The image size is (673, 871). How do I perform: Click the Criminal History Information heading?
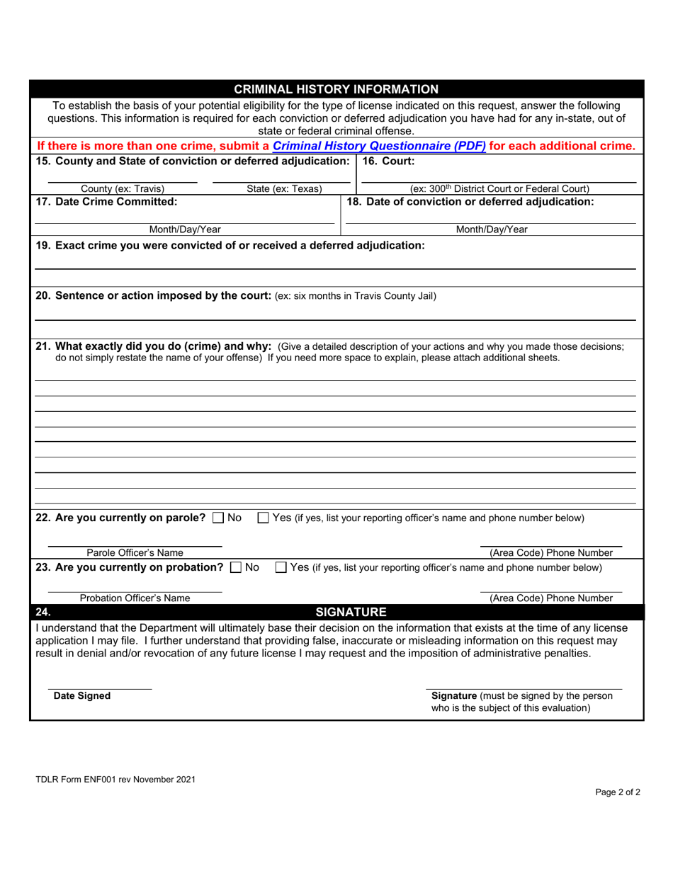tap(336, 89)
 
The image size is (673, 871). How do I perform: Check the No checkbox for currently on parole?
tap(218, 518)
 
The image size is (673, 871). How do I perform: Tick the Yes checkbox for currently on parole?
tap(263, 518)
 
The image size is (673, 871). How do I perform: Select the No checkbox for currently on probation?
tap(236, 568)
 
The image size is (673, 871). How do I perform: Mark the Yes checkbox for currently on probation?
tap(281, 568)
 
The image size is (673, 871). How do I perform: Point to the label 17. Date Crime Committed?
tap(106, 202)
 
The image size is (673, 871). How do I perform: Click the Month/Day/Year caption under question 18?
tap(491, 229)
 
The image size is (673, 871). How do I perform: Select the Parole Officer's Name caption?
tap(135, 553)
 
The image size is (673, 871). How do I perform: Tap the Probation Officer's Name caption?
tap(135, 598)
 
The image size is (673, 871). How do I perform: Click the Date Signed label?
tap(82, 696)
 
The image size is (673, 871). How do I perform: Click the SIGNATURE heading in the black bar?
tap(351, 612)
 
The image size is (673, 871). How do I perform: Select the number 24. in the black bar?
tap(43, 612)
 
